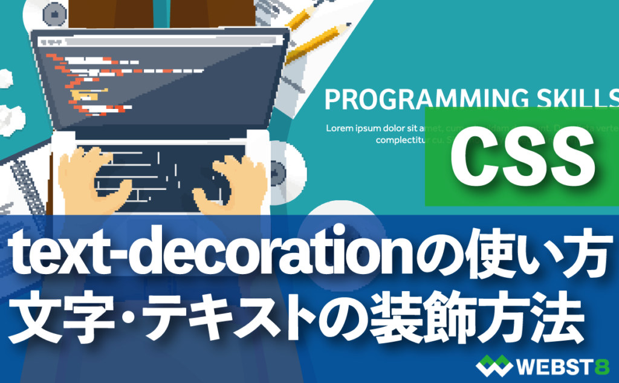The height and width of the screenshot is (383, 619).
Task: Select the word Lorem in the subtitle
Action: [x=340, y=128]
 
